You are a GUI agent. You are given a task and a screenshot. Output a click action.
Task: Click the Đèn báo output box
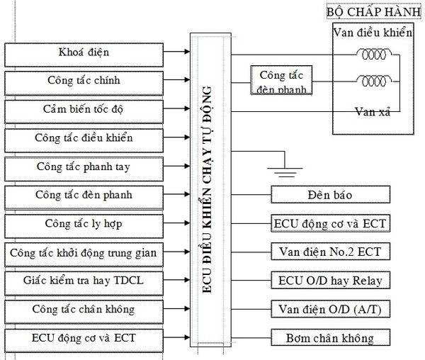coord(330,194)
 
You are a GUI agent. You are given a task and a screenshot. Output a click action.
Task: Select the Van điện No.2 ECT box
coord(330,252)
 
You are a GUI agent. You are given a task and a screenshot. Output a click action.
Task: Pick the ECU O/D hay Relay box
coord(330,280)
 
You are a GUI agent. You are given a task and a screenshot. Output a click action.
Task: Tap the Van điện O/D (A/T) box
coord(330,309)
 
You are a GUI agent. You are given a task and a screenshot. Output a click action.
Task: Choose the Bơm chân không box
coord(330,337)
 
